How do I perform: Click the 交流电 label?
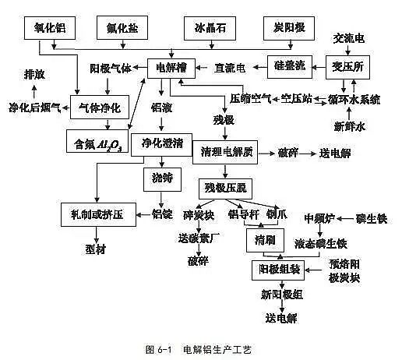(x=349, y=37)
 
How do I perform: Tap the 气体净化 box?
(x=99, y=106)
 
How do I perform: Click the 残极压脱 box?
(x=226, y=188)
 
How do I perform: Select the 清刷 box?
(x=266, y=239)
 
